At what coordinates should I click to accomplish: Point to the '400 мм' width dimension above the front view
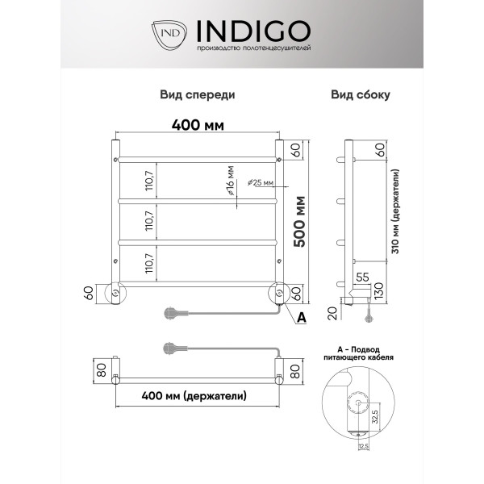pos(198,125)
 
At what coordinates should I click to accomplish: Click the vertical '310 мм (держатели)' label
pos(396,211)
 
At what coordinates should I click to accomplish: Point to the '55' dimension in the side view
pos(362,277)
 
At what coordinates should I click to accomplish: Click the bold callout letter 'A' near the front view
pos(302,318)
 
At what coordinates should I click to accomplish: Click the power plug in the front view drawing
pos(172,311)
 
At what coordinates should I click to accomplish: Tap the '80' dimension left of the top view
pos(101,372)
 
